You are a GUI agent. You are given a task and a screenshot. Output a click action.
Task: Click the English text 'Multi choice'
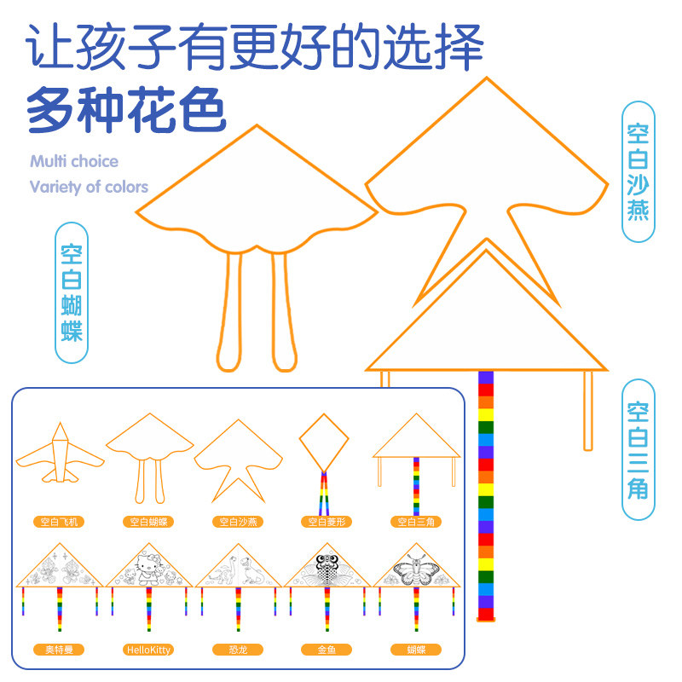pos(74,161)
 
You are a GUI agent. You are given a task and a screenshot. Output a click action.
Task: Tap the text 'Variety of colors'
pos(89,187)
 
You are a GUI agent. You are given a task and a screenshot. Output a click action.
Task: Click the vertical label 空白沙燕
pos(638,171)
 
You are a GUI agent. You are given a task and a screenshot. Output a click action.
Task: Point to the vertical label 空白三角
pos(638,449)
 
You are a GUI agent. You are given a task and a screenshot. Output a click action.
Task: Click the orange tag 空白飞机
pos(59,521)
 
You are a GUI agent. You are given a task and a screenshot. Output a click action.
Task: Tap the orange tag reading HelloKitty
pos(147,650)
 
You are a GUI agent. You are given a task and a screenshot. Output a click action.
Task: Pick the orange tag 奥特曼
pos(59,650)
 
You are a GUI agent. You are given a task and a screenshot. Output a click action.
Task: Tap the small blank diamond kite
pos(324,442)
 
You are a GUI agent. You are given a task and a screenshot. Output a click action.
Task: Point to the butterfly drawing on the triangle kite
pos(418,569)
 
